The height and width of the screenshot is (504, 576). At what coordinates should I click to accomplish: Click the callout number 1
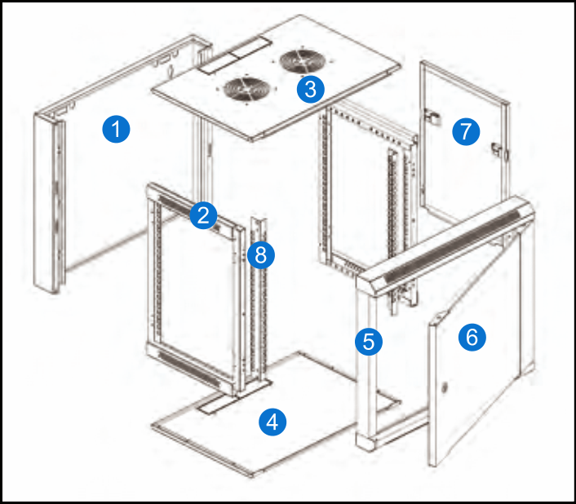coord(117,128)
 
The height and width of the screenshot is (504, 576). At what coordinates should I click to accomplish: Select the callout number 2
coord(203,215)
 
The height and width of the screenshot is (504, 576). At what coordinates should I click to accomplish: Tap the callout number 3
coord(309,88)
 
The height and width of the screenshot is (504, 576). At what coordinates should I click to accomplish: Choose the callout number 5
coord(369,340)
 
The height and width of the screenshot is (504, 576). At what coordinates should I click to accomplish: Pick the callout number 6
coord(471,336)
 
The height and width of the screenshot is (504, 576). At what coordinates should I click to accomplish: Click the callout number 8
coord(260,254)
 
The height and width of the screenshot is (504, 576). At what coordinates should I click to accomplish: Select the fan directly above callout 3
coord(302,62)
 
